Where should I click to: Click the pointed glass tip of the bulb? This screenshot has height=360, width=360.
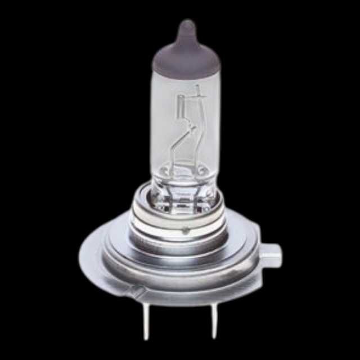pos(186,25)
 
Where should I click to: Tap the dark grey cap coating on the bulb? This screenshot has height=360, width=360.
pos(186,56)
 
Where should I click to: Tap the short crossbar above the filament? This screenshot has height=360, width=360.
pos(198,97)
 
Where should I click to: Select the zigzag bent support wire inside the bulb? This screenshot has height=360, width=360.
pos(186,141)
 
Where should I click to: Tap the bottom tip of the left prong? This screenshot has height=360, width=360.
pos(146,337)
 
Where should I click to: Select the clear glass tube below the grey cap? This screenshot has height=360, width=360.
pos(186,129)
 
